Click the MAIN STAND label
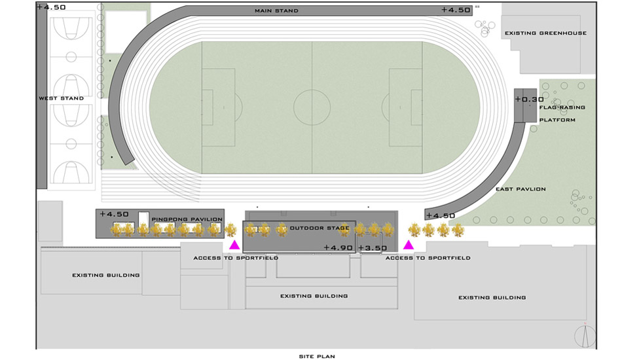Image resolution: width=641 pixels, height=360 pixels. [x=276, y=10]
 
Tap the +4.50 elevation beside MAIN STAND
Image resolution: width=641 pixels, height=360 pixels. [x=456, y=10]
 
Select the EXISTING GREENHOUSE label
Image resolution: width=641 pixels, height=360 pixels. [x=546, y=33]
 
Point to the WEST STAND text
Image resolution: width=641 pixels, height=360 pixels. [x=62, y=98]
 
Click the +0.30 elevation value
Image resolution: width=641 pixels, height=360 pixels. [x=530, y=99]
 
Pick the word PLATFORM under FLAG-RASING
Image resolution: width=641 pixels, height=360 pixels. [x=557, y=120]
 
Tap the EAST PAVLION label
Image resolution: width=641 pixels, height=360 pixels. [x=521, y=189]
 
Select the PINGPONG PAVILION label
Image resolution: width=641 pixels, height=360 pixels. [x=187, y=219]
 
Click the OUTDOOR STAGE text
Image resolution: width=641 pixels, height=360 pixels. [x=320, y=228]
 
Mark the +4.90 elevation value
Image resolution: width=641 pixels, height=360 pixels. [x=338, y=247]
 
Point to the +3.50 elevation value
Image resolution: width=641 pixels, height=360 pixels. [x=373, y=248]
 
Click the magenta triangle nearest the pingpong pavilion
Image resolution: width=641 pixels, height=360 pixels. [x=234, y=245]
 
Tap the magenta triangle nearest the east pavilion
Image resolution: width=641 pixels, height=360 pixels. [x=409, y=245]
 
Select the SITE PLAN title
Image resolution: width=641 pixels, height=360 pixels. [x=317, y=356]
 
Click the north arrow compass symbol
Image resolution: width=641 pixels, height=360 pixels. [x=585, y=336]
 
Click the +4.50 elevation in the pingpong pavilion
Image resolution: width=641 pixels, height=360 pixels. [x=114, y=214]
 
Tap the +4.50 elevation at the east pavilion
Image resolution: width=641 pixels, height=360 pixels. [x=441, y=216]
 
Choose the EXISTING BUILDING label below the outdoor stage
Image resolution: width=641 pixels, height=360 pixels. [x=314, y=296]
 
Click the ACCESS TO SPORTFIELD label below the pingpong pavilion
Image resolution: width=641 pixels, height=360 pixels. [x=236, y=258]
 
